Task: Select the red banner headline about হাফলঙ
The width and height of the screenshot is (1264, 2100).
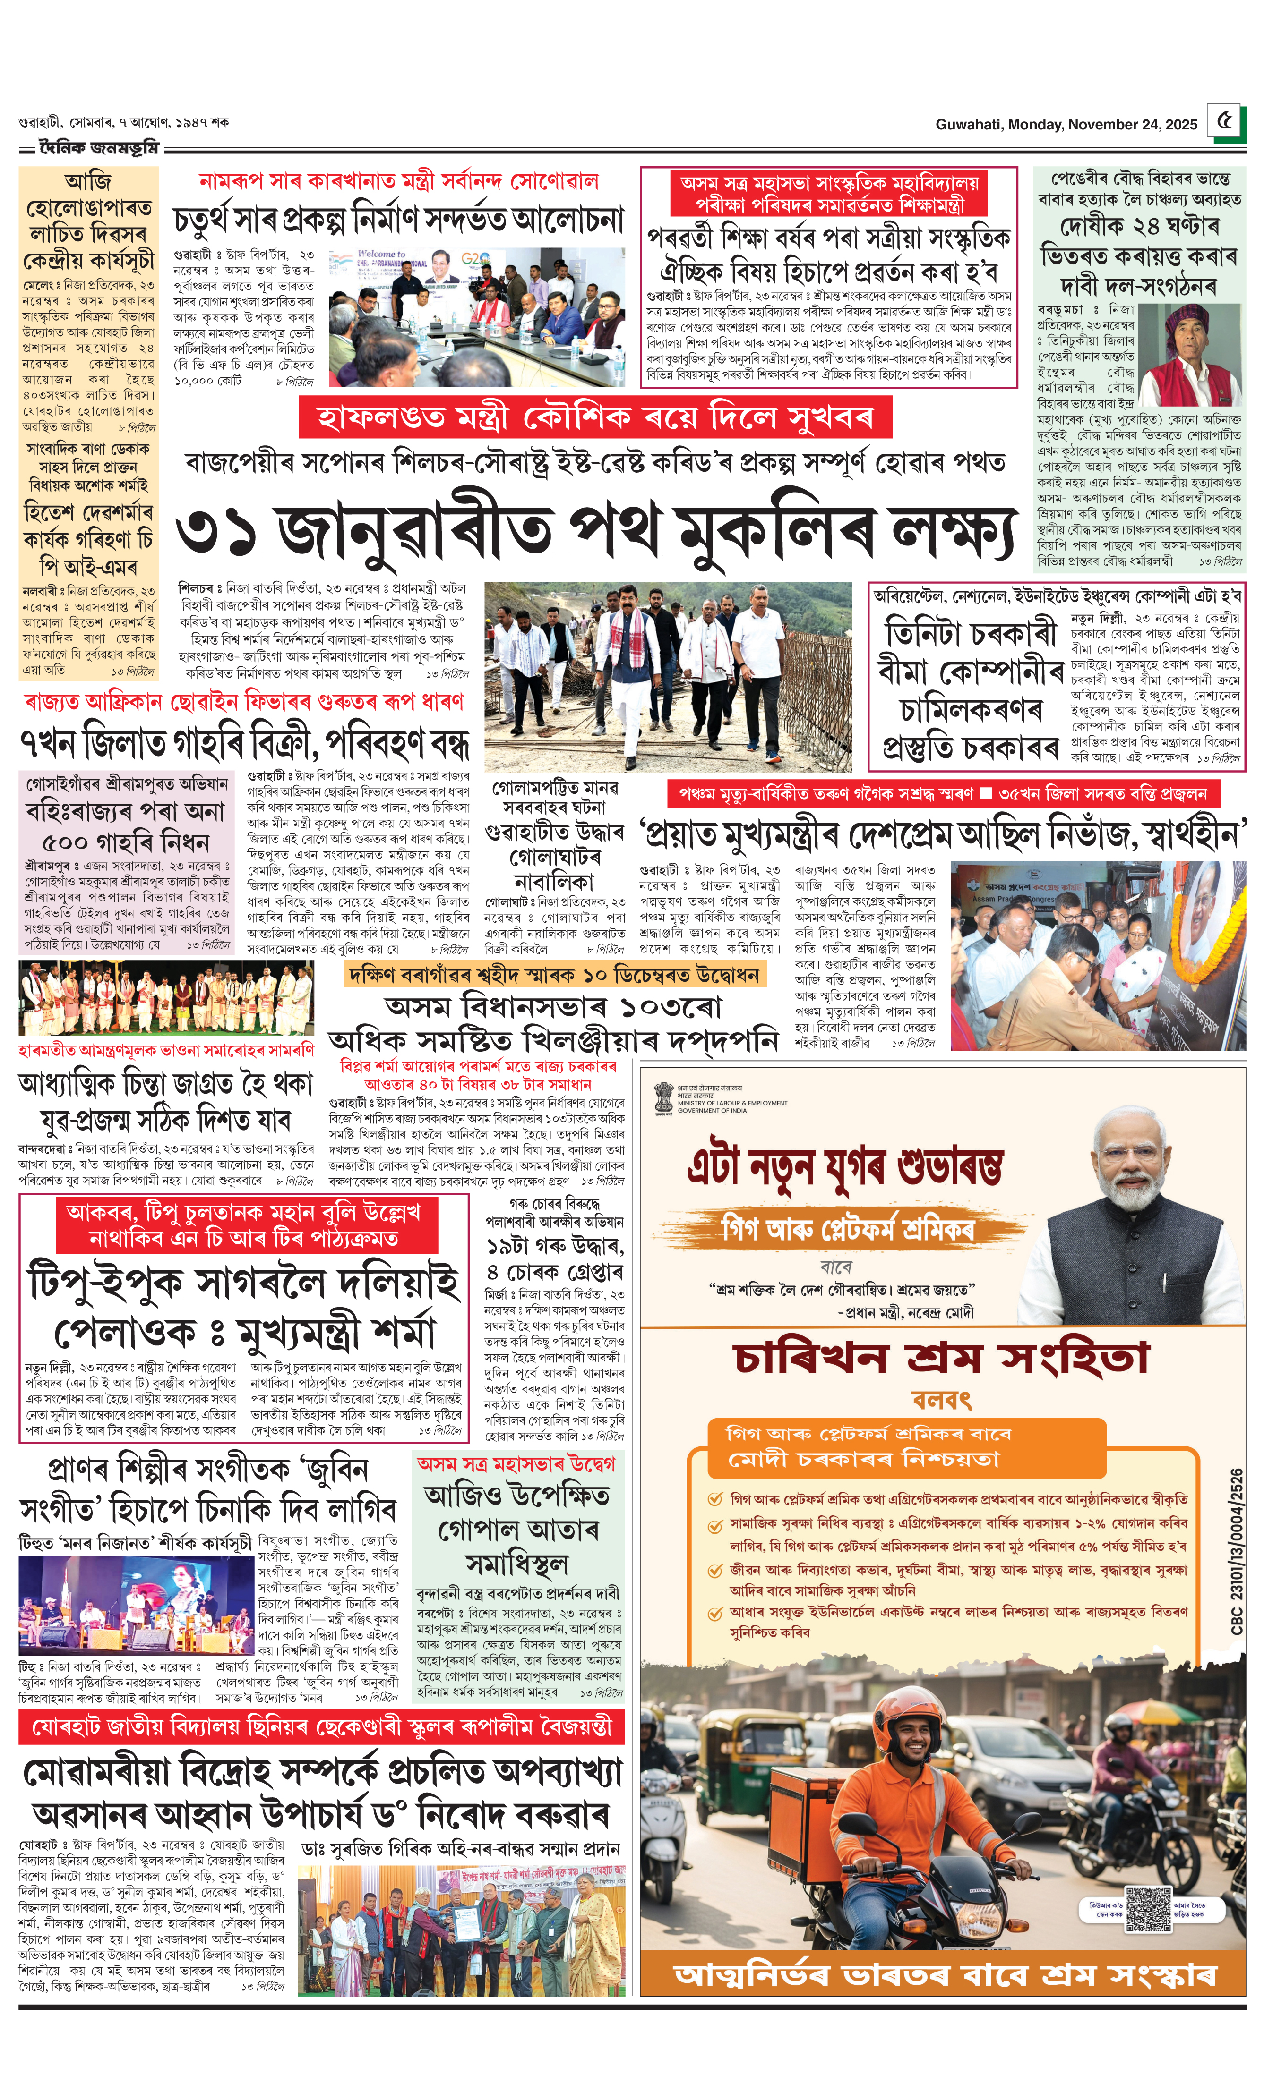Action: [594, 418]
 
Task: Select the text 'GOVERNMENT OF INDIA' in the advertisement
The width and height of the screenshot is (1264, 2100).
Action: [712, 1111]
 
